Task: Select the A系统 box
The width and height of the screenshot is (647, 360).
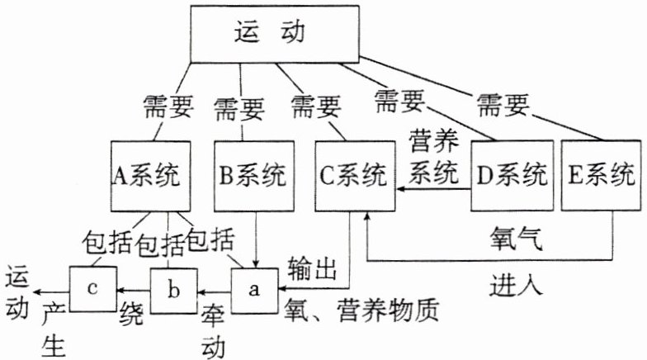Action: [149, 176]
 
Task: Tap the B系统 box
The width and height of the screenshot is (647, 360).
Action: [252, 176]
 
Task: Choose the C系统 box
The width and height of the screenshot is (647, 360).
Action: [354, 176]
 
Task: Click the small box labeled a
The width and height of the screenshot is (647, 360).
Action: [254, 289]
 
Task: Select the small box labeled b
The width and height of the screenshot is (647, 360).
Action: [172, 289]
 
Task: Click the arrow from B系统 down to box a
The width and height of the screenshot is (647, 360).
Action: [254, 236]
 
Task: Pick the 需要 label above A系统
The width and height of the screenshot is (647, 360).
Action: [168, 107]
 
